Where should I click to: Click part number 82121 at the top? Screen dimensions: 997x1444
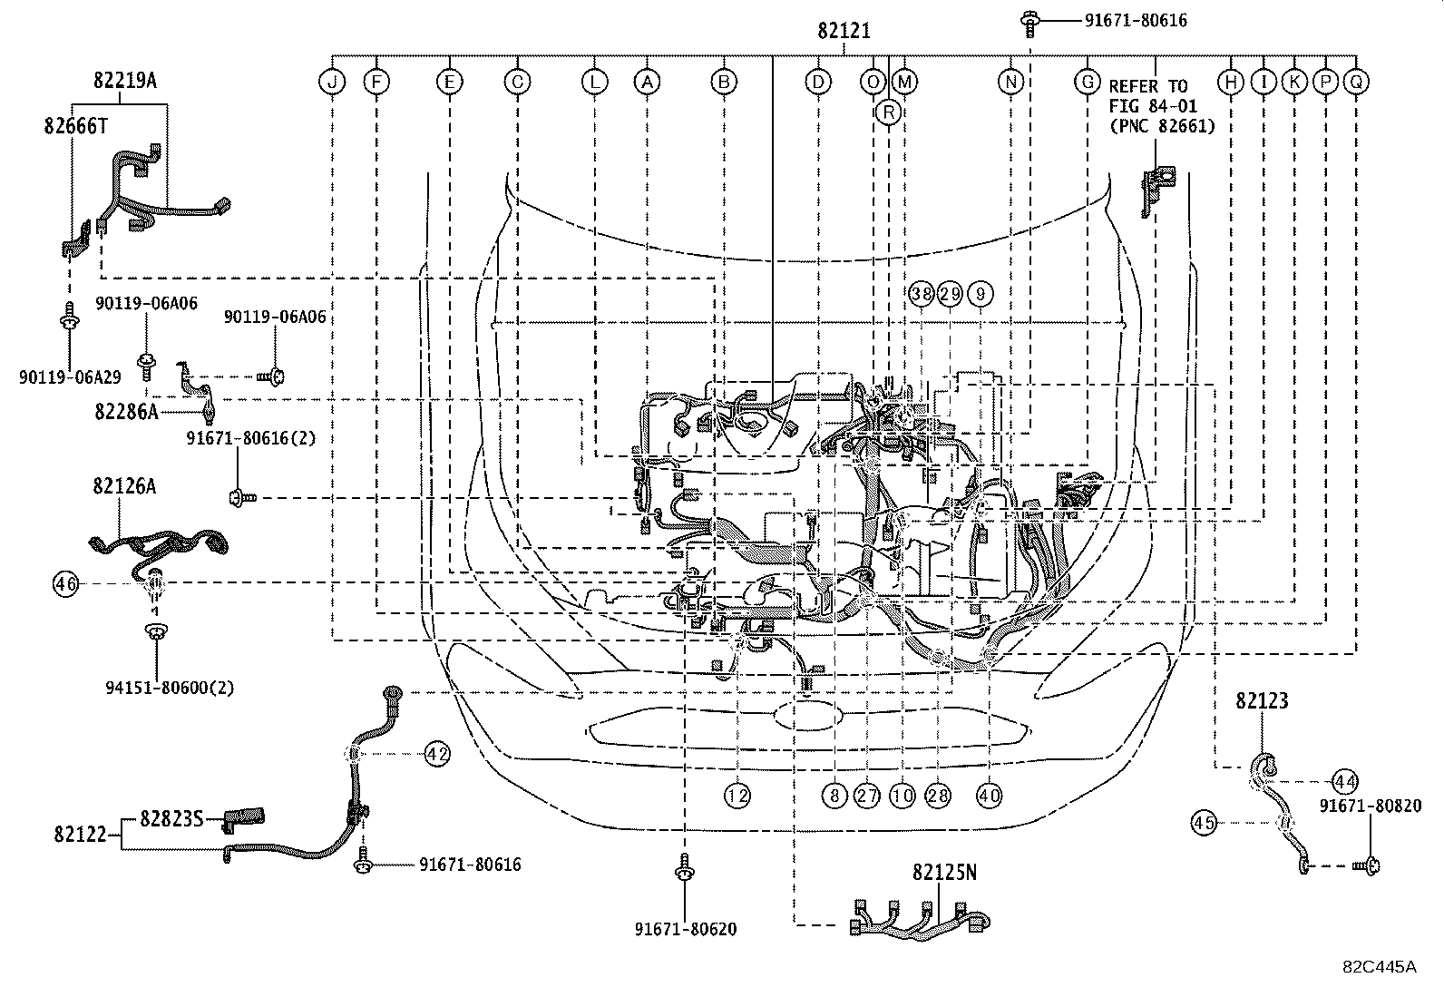pyautogui.click(x=844, y=31)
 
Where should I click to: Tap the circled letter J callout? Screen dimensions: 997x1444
pyautogui.click(x=332, y=83)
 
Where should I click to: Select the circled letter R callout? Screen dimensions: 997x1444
pyautogui.click(x=889, y=112)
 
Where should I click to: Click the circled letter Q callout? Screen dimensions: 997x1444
pyautogui.click(x=1356, y=83)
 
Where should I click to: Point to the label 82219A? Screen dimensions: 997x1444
pyautogui.click(x=124, y=80)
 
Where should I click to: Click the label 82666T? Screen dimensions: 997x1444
pyautogui.click(x=75, y=126)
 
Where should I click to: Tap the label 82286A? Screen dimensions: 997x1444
pyautogui.click(x=126, y=412)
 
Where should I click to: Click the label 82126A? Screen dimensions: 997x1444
pyautogui.click(x=123, y=486)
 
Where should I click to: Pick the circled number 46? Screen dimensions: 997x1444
pyautogui.click(x=65, y=584)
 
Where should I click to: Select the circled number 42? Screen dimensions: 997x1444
pyautogui.click(x=437, y=753)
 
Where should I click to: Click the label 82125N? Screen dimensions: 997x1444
pyautogui.click(x=944, y=873)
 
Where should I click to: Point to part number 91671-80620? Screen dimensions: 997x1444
pyautogui.click(x=685, y=929)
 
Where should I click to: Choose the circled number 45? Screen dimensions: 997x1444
pyautogui.click(x=1203, y=823)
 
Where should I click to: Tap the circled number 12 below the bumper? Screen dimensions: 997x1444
pyautogui.click(x=737, y=796)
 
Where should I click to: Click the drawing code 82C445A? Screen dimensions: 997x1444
pyautogui.click(x=1379, y=966)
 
